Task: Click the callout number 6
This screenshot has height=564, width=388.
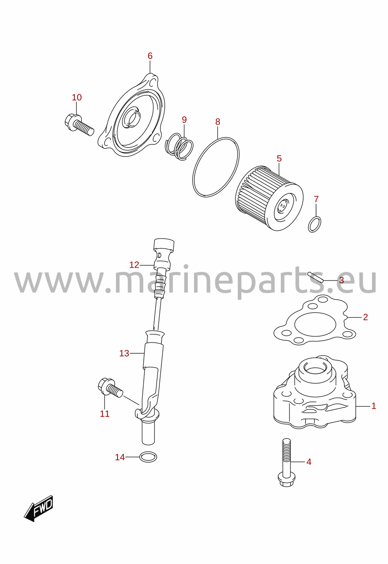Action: [x=150, y=56]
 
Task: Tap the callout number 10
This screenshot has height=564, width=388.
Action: [x=77, y=98]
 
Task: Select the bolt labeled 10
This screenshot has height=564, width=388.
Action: [x=79, y=124]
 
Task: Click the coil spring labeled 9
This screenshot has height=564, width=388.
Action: [x=179, y=146]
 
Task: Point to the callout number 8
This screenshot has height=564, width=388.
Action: [x=218, y=122]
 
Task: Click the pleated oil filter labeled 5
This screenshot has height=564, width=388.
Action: [x=269, y=198]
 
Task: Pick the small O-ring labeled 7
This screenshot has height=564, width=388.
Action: [x=315, y=224]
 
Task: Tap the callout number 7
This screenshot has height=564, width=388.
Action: [x=316, y=199]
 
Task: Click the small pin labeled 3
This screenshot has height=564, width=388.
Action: [x=315, y=277]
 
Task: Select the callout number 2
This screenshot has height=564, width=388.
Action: [x=365, y=317]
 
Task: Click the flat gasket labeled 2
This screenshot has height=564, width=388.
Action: [x=315, y=320]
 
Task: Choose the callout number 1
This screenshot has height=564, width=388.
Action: [x=374, y=406]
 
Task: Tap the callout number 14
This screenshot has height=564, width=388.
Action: [x=120, y=457]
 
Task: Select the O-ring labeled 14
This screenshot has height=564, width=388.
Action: [x=148, y=457]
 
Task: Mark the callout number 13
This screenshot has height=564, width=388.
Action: [x=124, y=353]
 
